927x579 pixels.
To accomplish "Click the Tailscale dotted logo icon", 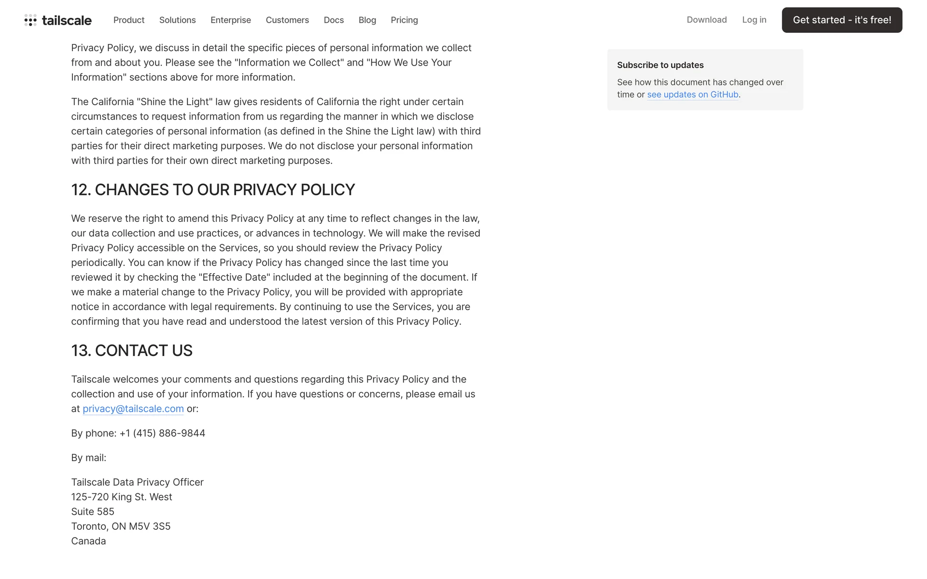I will [x=30, y=20].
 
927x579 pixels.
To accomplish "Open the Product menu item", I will [x=129, y=20].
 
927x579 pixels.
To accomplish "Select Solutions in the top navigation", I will [x=177, y=20].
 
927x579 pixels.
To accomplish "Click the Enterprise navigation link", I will [x=230, y=20].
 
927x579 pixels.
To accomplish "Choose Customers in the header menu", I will [x=287, y=20].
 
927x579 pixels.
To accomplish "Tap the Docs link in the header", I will [x=334, y=20].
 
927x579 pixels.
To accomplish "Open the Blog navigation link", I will [x=367, y=20].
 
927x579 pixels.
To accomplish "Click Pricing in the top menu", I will [x=404, y=20].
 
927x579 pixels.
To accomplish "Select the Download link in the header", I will [x=706, y=20].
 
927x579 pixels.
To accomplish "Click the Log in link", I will [x=754, y=20].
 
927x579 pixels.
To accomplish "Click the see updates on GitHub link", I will [x=692, y=95].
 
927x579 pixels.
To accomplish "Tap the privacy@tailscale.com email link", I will [x=133, y=409].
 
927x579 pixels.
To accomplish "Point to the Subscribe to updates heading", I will [x=660, y=65].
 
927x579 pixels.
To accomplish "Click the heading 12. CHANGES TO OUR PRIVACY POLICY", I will [x=213, y=190].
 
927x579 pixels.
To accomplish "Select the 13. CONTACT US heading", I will [x=132, y=351].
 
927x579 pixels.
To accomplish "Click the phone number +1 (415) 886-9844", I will [x=162, y=433].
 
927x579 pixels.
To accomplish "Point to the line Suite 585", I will [x=93, y=512].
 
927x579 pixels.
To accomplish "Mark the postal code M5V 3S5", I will [x=150, y=526].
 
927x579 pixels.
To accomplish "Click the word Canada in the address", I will [x=88, y=541].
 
